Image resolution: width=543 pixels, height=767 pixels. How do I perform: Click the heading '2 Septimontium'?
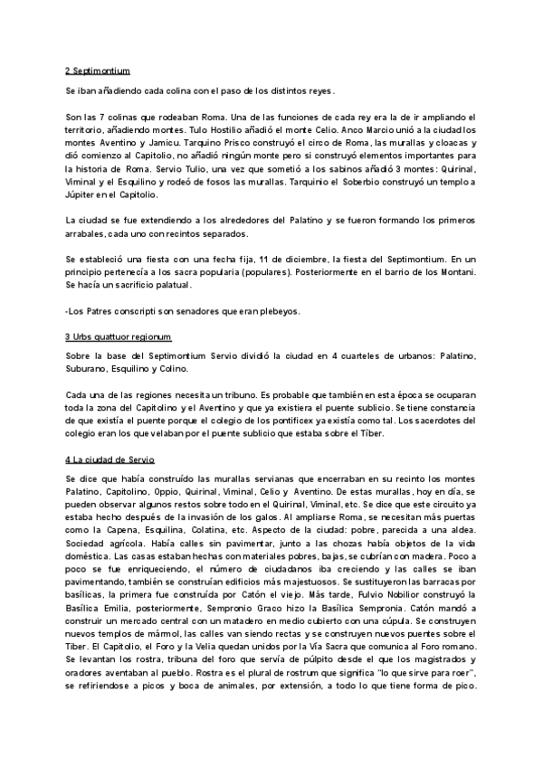coord(99,70)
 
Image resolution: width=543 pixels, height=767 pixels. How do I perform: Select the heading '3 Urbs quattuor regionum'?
coord(118,336)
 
